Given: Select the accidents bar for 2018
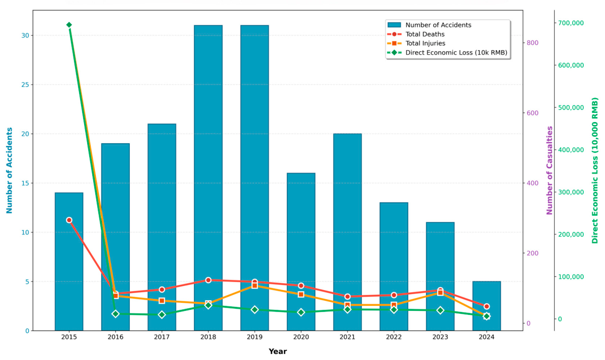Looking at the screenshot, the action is click(x=208, y=178).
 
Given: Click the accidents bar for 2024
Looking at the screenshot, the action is click(x=486, y=306).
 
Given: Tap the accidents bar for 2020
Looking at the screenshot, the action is click(x=301, y=252).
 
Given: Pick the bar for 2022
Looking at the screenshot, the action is click(x=394, y=266).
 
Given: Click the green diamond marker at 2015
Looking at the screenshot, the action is click(x=69, y=25).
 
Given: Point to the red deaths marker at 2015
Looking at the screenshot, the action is click(x=69, y=220).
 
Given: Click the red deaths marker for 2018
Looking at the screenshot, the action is click(x=208, y=280).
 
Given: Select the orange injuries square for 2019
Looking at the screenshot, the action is click(x=255, y=286).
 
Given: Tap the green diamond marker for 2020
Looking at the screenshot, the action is click(x=301, y=312).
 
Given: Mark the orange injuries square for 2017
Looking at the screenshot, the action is click(x=162, y=301).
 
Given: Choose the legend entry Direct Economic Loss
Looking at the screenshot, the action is click(x=447, y=53).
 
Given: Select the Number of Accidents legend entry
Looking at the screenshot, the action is click(x=430, y=25).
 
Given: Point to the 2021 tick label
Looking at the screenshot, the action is click(x=347, y=337).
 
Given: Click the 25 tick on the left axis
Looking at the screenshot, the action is click(x=25, y=85).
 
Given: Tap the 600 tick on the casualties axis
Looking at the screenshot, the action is click(x=533, y=113).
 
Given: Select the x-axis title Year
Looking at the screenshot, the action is click(x=278, y=351).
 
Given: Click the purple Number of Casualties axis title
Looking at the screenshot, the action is click(x=550, y=170).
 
